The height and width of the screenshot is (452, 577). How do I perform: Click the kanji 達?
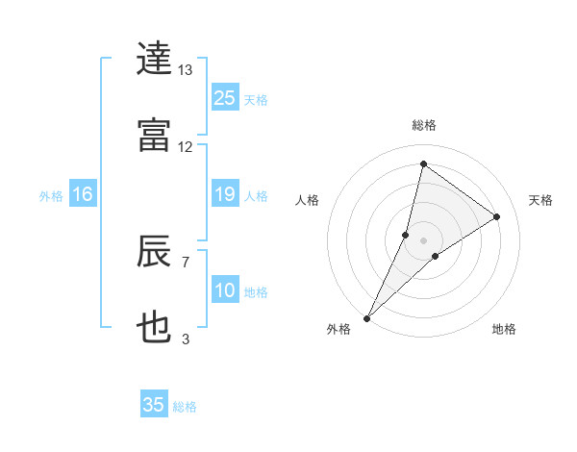pyautogui.click(x=155, y=59)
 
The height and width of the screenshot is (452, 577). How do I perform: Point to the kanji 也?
pyautogui.click(x=155, y=328)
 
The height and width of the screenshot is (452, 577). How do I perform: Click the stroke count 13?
pyautogui.click(x=186, y=70)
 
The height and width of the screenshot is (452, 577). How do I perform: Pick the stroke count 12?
pyautogui.click(x=186, y=147)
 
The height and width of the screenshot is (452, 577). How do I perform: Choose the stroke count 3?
pyautogui.click(x=186, y=339)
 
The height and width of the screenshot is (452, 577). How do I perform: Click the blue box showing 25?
pyautogui.click(x=225, y=99)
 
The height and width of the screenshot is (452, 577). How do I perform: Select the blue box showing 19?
pyautogui.click(x=225, y=195)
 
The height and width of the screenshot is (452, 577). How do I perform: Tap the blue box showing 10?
pyautogui.click(x=225, y=290)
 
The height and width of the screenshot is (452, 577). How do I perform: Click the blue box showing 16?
pyautogui.click(x=83, y=195)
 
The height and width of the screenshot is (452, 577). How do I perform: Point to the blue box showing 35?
pyautogui.click(x=154, y=405)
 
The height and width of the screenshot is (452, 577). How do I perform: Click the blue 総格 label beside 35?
pyautogui.click(x=185, y=407)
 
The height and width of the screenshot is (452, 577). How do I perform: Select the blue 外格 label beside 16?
pyautogui.click(x=51, y=196)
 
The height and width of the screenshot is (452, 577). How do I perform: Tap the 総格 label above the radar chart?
pyautogui.click(x=424, y=125)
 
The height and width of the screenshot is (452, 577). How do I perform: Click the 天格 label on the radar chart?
pyautogui.click(x=541, y=200)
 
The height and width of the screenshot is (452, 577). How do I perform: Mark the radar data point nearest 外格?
pyautogui.click(x=367, y=317)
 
